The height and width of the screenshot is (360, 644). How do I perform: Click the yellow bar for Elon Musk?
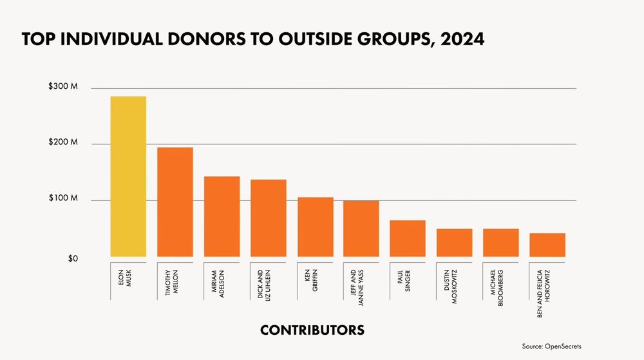[128, 177]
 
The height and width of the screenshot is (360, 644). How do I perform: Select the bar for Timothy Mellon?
[175, 203]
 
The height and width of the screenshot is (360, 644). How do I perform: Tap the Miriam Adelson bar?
[222, 217]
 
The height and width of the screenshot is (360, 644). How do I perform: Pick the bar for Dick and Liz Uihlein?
[269, 218]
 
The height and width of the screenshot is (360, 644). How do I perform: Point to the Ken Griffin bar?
[315, 227]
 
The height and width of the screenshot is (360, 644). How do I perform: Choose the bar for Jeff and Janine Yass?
[361, 229]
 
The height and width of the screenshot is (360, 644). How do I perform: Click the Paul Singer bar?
[408, 239]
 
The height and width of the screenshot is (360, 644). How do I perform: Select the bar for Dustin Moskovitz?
[455, 243]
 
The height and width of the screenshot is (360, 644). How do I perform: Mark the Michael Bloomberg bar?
[501, 243]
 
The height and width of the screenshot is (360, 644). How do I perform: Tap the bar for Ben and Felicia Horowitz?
[547, 245]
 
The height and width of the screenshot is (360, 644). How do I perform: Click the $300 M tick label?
[63, 87]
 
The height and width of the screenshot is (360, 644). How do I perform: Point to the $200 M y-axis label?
[63, 142]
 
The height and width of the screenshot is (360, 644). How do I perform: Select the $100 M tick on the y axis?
[63, 198]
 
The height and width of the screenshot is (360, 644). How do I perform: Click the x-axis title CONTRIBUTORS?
[312, 330]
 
